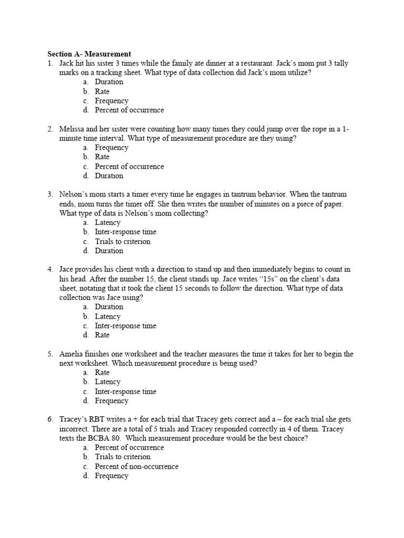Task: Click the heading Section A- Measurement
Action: coord(89,54)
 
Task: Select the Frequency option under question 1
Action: coord(112,101)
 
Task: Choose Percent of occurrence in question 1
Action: coord(129,110)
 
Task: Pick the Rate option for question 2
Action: coord(102,157)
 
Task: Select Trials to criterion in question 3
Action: coord(123,242)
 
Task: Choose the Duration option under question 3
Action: coord(109,251)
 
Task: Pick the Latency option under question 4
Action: coord(107,317)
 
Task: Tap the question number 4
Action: coord(50,270)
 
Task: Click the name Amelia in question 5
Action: coord(73,354)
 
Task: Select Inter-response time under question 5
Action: coord(125,391)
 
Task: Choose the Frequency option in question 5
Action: coord(112,401)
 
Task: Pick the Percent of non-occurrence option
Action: coord(136,467)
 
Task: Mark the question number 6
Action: coord(50,419)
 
